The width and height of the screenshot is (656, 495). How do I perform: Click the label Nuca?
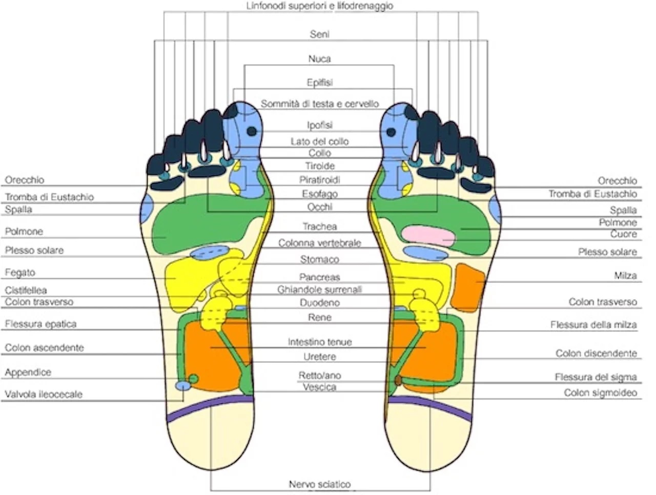(319, 58)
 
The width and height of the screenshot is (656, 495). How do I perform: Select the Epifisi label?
(319, 82)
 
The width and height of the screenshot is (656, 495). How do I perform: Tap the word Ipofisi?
(319, 125)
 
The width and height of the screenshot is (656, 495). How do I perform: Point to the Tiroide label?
(319, 166)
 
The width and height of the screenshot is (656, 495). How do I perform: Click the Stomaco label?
(319, 259)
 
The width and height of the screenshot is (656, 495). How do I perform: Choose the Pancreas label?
(319, 277)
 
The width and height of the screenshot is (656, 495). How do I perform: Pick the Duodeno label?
(319, 303)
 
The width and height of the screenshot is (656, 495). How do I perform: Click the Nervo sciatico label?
(319, 484)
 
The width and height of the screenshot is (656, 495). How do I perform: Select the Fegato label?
(20, 273)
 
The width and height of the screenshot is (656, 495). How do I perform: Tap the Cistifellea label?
(26, 290)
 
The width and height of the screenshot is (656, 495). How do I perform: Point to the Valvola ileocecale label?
(44, 394)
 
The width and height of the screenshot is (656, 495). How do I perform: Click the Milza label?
(625, 275)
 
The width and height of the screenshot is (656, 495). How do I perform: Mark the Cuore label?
(623, 234)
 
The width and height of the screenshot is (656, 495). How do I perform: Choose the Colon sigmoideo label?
(600, 393)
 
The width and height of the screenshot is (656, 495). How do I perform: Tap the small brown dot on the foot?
(398, 380)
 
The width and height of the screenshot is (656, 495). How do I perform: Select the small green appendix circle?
(193, 379)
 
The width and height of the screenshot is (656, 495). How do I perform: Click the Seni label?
(319, 34)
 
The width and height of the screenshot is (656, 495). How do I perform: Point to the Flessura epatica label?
(40, 324)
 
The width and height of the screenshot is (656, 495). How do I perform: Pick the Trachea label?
(319, 226)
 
